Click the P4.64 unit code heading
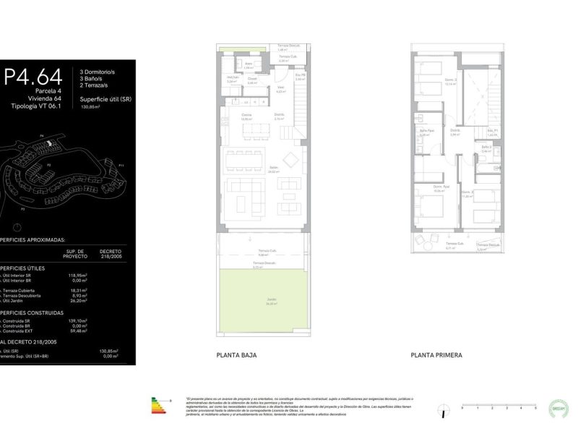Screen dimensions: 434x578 [x=32, y=76]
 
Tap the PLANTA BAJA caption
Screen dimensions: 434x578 [x=236, y=355]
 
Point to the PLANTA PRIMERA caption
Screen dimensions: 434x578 [x=436, y=355]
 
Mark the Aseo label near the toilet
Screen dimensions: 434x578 [x=247, y=64]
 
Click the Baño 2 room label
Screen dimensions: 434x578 [x=486, y=148]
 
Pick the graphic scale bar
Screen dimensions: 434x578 [x=498, y=407]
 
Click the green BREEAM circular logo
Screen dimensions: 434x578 [x=558, y=409]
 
